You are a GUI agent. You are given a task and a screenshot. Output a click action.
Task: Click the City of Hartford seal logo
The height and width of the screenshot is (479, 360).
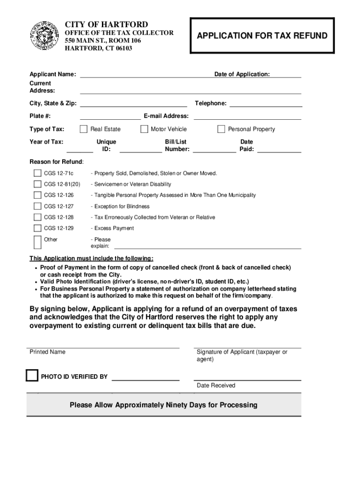click(44, 36)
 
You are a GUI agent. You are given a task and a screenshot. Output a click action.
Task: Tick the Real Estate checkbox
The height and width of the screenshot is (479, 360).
click(84, 129)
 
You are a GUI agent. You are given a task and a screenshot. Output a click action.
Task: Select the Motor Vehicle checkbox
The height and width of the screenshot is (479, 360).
click(144, 129)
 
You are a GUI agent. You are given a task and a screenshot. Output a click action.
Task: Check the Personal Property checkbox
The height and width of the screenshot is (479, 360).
click(221, 129)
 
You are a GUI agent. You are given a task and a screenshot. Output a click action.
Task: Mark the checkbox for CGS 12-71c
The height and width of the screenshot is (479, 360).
click(37, 173)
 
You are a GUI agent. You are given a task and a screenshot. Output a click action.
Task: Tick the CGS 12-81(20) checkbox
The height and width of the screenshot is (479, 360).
click(37, 184)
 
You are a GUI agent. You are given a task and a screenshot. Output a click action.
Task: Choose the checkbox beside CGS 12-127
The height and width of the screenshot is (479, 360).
click(37, 206)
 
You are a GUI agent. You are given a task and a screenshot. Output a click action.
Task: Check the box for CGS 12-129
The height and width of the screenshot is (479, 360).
click(37, 228)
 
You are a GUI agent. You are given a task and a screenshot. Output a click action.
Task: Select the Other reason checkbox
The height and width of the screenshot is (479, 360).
click(37, 242)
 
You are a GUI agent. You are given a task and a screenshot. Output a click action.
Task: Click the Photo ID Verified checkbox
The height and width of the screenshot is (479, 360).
click(32, 376)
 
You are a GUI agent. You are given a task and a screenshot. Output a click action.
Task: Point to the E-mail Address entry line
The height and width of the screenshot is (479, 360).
click(247, 117)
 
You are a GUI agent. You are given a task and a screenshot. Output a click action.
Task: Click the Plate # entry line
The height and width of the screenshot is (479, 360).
click(110, 117)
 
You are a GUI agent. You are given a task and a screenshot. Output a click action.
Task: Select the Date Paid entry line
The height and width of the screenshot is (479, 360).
click(279, 150)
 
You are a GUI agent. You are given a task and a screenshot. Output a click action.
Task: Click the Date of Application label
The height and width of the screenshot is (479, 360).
click(242, 74)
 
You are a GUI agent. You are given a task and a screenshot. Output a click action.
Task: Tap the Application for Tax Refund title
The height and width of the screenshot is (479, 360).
click(262, 36)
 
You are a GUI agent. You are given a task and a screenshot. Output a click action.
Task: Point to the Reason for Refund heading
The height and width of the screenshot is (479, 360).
click(57, 162)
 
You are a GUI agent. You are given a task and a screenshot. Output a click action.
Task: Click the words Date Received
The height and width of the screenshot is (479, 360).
click(216, 385)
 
